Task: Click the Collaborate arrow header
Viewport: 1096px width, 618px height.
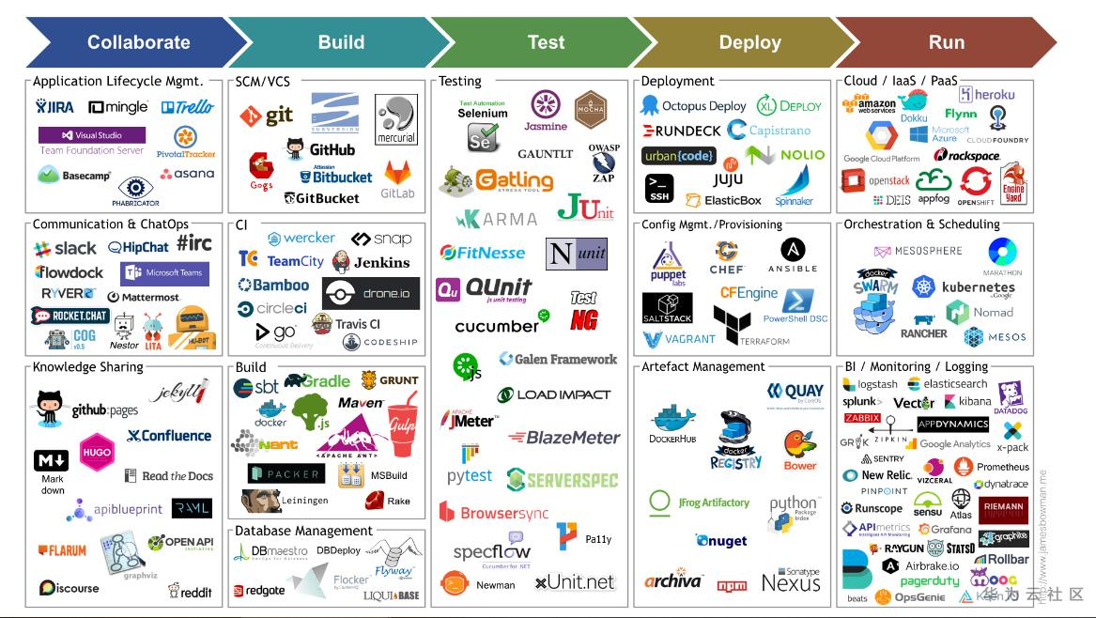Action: tap(138, 42)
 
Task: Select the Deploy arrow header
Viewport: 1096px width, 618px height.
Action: tap(749, 42)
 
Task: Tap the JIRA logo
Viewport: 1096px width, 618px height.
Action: tap(54, 107)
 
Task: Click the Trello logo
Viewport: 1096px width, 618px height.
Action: tap(187, 107)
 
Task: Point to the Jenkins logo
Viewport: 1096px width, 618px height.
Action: tap(371, 262)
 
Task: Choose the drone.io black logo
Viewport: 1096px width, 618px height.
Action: tap(371, 293)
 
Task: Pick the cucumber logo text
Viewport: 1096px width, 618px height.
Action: tap(498, 326)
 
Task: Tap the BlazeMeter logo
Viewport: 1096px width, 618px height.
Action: tap(563, 438)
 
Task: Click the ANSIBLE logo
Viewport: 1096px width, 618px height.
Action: tap(793, 255)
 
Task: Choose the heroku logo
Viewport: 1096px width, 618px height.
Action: tap(986, 95)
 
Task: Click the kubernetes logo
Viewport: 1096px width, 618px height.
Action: tap(965, 287)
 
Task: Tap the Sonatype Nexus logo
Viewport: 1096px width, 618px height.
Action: tap(791, 580)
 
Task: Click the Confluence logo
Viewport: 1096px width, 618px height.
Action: tap(169, 436)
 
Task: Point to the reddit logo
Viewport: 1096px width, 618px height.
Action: tap(190, 591)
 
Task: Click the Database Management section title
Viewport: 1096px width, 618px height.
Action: tap(303, 531)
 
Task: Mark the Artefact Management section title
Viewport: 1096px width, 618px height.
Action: tap(702, 366)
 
